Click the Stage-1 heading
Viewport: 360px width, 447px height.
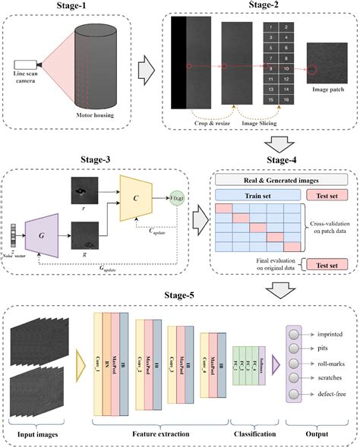pyautogui.click(x=67, y=7)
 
